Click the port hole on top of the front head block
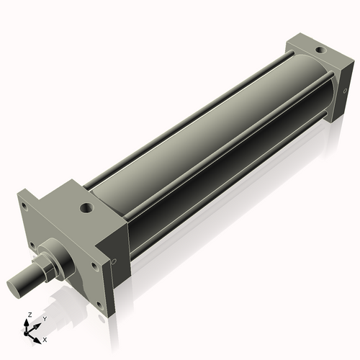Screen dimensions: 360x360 point(86,210)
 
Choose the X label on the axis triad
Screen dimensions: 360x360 point(45,338)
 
